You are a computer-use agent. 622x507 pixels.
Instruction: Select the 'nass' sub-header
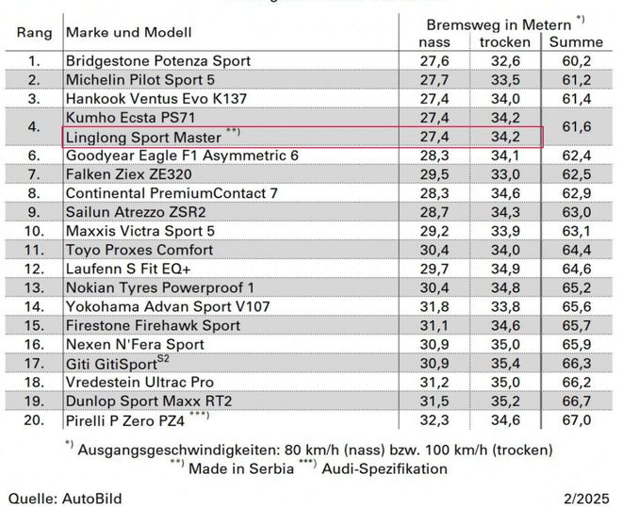tap(434, 42)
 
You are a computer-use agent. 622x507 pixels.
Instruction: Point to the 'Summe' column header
tap(576, 42)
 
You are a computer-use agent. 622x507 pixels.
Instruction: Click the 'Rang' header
tap(35, 32)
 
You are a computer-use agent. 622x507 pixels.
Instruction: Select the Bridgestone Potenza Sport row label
tap(158, 60)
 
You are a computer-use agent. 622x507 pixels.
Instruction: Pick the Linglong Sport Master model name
tap(143, 138)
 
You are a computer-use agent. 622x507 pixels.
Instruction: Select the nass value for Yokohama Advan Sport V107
tap(434, 306)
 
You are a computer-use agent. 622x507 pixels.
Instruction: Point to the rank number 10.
tap(35, 231)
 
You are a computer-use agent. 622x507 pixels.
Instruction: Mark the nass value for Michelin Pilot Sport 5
tap(434, 79)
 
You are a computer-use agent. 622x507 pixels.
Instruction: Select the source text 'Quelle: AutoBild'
tap(65, 497)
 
